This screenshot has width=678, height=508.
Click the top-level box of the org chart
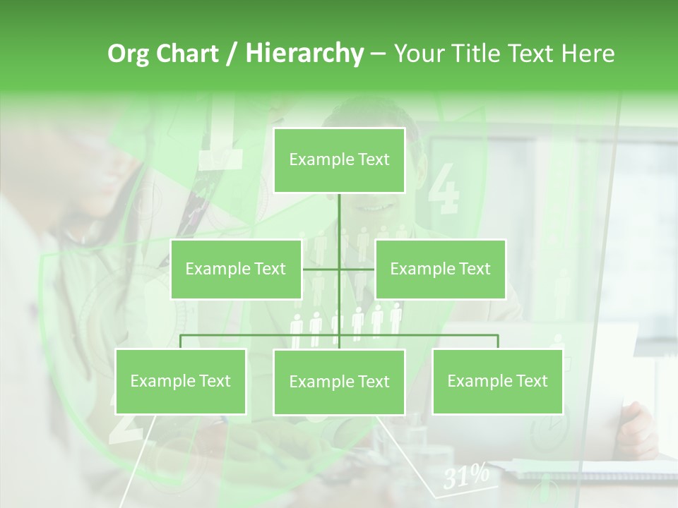[339, 160]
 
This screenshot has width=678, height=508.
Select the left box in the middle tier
[236, 269]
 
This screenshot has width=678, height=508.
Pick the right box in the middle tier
[440, 269]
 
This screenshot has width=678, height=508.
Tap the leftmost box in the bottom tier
[181, 382]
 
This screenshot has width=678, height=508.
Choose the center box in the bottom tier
[339, 382]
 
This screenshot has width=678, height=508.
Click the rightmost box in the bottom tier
[497, 382]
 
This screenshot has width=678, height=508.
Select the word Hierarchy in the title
[304, 54]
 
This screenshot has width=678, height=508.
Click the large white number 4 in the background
[444, 188]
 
